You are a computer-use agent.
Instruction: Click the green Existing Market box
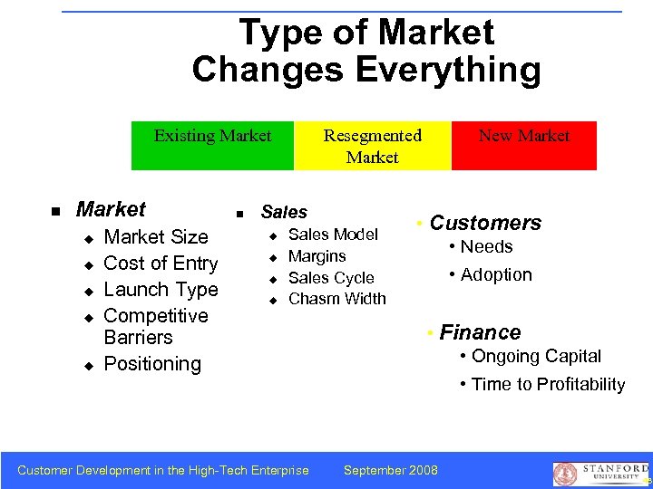[x=212, y=145]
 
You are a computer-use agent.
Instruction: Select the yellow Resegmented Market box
[x=373, y=145]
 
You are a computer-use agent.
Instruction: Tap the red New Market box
[x=524, y=145]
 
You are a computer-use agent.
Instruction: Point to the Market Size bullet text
[x=156, y=237]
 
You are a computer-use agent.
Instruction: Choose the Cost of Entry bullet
[x=161, y=264]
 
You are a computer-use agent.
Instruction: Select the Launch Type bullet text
[x=161, y=290]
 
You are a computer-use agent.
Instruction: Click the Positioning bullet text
[x=152, y=364]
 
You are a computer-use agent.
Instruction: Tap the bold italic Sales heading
[x=284, y=212]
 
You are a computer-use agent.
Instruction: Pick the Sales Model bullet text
[x=333, y=235]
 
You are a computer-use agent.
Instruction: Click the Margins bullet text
[x=317, y=256]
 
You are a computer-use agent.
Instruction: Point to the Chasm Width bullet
[x=336, y=299]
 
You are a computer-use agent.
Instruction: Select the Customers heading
[x=485, y=223]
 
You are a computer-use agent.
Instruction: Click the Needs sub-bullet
[x=486, y=247]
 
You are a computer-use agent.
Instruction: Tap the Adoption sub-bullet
[x=496, y=274]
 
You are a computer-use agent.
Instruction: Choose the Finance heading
[x=480, y=332]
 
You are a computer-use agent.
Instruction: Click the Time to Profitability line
[x=548, y=384]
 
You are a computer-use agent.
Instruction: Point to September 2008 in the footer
[x=391, y=469]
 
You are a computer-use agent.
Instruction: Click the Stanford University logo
[x=598, y=473]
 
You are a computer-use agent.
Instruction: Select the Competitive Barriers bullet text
[x=156, y=326]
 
